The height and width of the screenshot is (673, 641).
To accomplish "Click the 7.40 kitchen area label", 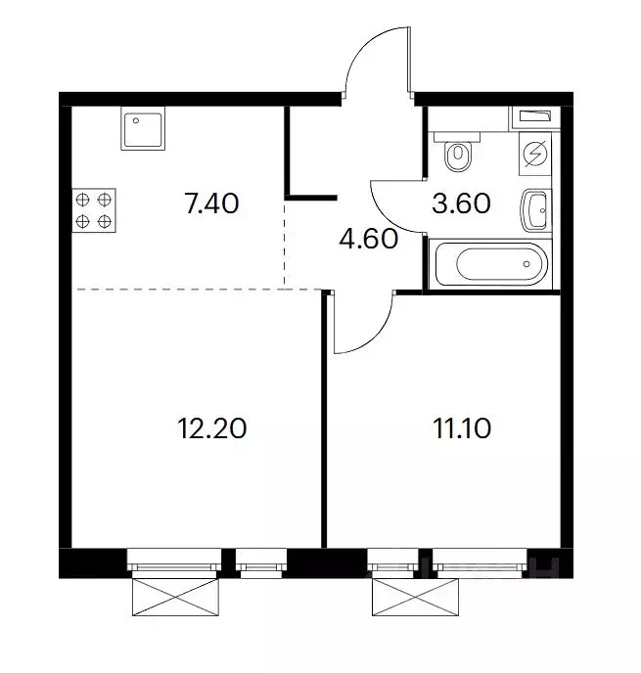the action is click(211, 203).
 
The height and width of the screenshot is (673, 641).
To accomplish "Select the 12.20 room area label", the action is click(212, 428).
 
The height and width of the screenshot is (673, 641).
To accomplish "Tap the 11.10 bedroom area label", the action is click(462, 428).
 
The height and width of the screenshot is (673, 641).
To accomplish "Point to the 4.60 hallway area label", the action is click(368, 239).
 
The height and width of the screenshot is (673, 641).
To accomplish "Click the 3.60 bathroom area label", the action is click(461, 203).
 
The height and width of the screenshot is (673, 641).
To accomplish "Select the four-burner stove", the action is click(94, 210).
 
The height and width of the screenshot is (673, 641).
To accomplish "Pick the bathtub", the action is click(490, 264).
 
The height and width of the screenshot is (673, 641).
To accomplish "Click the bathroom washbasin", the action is click(535, 210).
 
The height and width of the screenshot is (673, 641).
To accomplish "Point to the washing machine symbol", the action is click(535, 154).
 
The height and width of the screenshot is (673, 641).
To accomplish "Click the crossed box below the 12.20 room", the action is click(175, 597).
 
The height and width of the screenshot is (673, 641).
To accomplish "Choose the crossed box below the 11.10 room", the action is click(415, 597).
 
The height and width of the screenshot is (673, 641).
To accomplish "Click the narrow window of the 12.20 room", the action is click(261, 560).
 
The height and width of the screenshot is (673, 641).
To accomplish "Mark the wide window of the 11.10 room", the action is click(480, 560).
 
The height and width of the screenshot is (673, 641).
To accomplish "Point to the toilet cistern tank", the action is click(456, 137).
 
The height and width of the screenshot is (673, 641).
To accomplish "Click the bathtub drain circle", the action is click(527, 264).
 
